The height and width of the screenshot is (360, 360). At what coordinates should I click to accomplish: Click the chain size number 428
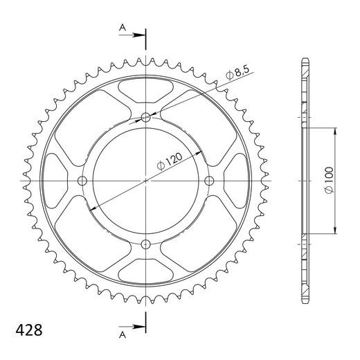(x=29, y=330)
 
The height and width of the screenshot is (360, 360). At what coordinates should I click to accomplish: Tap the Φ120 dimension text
(x=170, y=161)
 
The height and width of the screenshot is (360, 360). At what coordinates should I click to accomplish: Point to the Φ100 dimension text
(x=329, y=180)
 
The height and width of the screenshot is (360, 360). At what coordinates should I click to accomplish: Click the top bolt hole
(x=145, y=118)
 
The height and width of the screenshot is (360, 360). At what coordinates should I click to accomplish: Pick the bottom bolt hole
(x=145, y=244)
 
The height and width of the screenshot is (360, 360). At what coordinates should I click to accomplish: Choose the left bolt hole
(x=82, y=181)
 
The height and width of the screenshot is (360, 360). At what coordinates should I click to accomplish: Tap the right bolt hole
(x=209, y=181)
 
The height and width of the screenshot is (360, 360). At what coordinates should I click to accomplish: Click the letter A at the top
(x=123, y=28)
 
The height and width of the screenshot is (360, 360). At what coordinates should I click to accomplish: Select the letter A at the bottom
(x=123, y=334)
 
